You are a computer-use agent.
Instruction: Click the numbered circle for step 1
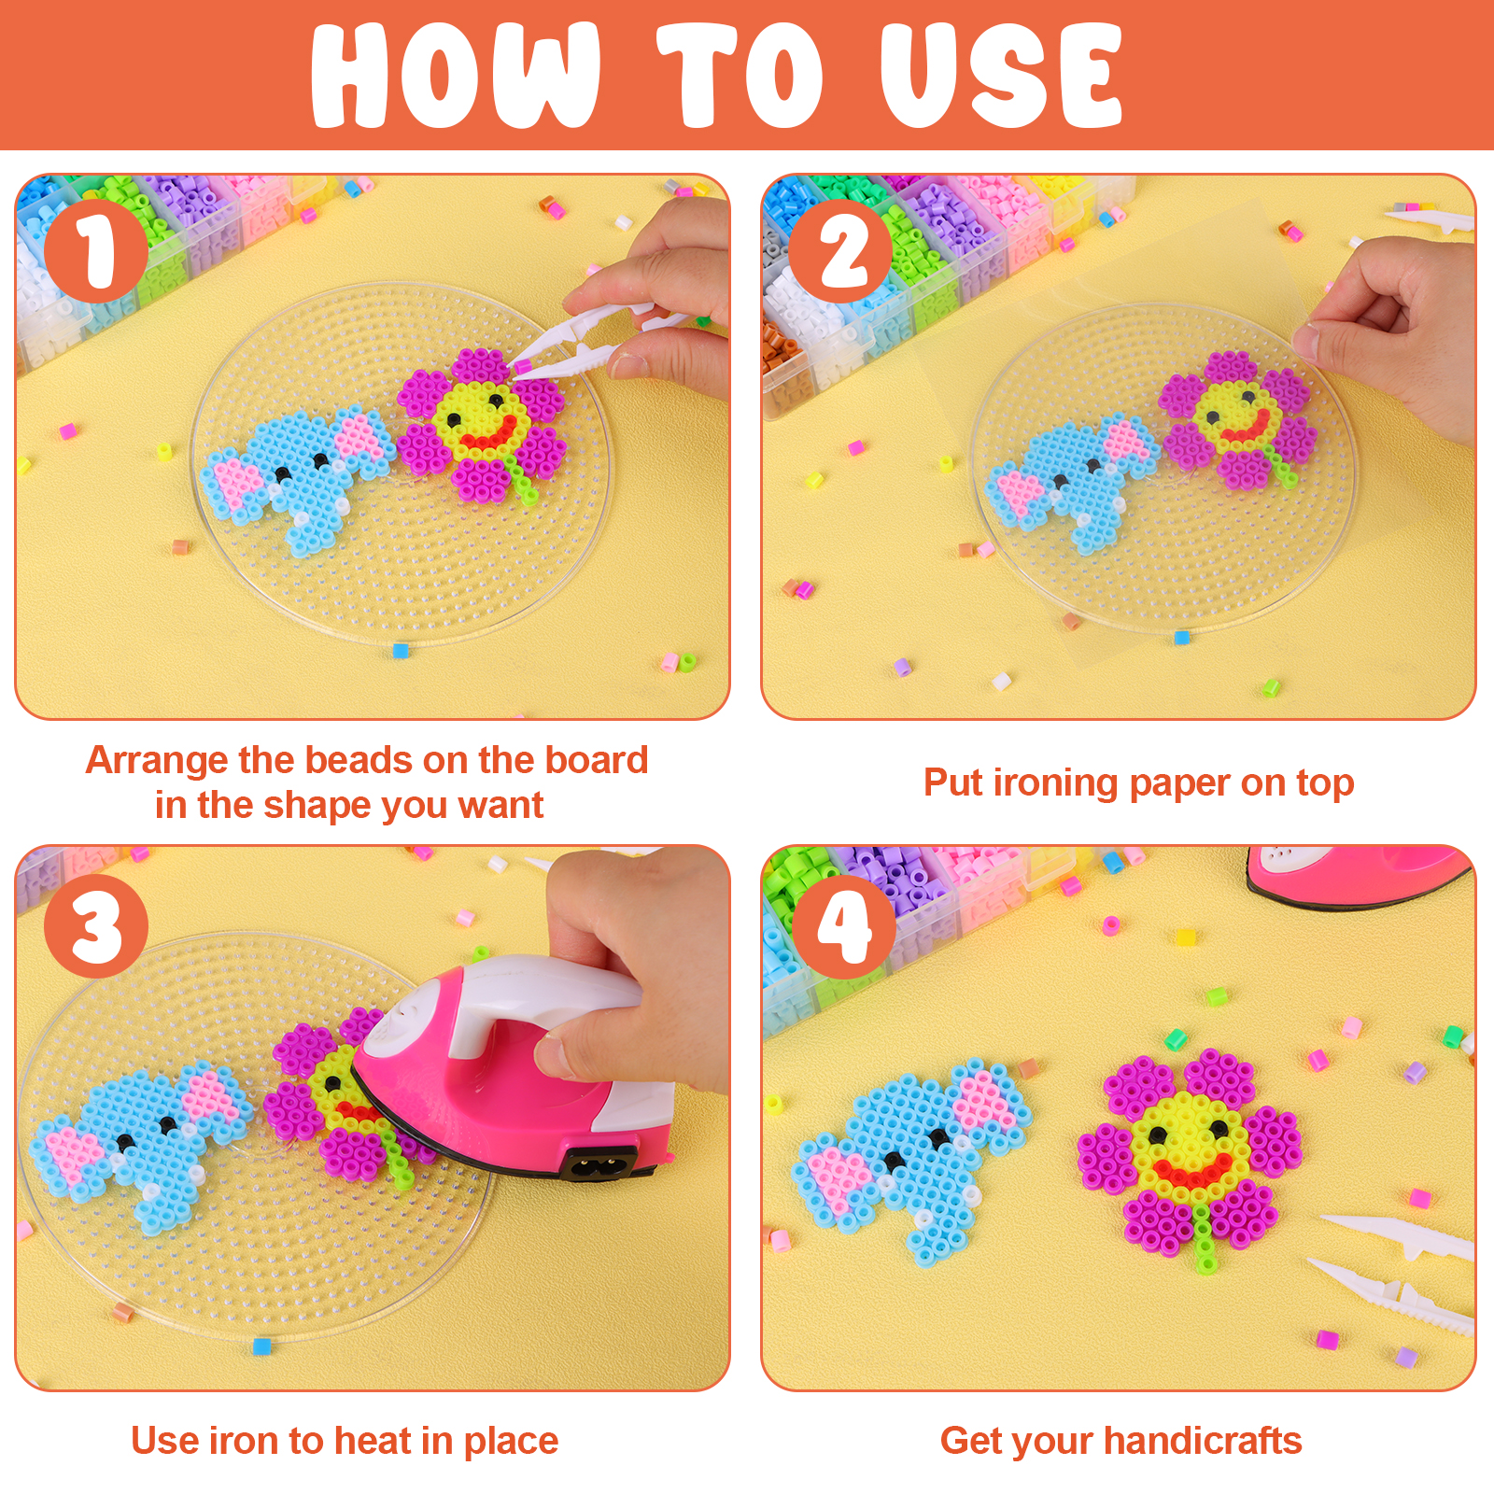[x=95, y=251]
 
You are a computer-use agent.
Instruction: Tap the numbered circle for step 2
[x=840, y=251]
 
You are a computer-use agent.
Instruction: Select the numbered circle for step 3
[x=95, y=925]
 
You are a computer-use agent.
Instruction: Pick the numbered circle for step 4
[x=844, y=925]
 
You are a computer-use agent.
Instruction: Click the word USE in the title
[x=1001, y=76]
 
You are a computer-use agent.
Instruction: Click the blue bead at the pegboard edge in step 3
[x=261, y=1346]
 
